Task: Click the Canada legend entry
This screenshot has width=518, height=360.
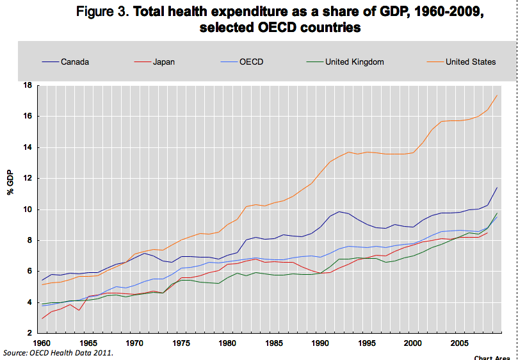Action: [x=75, y=62]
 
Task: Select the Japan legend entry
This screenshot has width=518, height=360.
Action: [x=164, y=62]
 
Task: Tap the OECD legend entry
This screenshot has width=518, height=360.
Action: [x=252, y=62]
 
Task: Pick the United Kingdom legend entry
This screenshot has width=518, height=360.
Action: [x=354, y=62]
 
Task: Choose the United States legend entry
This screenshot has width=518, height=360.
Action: [x=471, y=62]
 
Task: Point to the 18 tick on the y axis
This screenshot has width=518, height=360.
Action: [x=28, y=85]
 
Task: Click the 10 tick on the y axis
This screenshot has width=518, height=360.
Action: [x=28, y=209]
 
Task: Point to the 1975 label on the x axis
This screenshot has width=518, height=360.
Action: [x=181, y=343]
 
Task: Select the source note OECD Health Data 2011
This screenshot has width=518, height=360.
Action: [x=58, y=353]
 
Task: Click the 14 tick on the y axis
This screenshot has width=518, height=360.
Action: [x=28, y=147]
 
